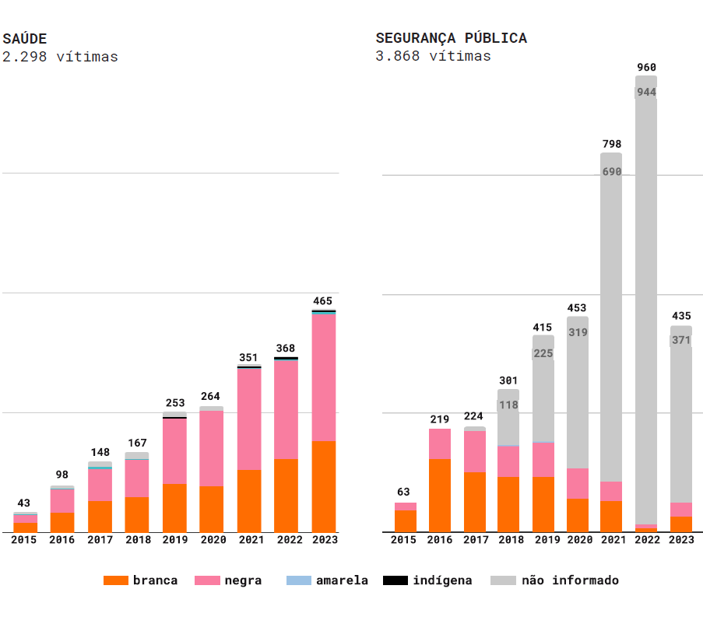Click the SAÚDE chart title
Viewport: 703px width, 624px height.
[x=25, y=38]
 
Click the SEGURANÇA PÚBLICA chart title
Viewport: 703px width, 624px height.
[x=451, y=38]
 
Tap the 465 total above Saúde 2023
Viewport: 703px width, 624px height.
[x=323, y=301]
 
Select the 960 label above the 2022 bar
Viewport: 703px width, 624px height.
[x=646, y=68]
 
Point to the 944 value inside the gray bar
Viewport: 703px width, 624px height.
[x=646, y=92]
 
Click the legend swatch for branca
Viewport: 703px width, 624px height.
[x=115, y=580]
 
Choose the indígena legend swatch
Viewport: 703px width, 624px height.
[x=395, y=580]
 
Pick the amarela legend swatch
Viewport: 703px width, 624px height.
[x=299, y=580]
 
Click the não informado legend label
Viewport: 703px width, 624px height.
[x=570, y=580]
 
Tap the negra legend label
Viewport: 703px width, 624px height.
[x=243, y=580]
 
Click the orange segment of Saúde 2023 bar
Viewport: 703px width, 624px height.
[x=323, y=486]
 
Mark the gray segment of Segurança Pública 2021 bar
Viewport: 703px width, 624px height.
[x=611, y=327]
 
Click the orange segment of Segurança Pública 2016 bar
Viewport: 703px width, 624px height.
[x=440, y=495]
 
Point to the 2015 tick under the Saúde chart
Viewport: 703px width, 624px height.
[x=25, y=540]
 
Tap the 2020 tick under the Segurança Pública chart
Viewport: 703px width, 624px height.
[x=578, y=540]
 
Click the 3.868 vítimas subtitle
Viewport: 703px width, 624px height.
[x=433, y=56]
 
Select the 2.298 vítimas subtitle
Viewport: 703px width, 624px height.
[x=60, y=57]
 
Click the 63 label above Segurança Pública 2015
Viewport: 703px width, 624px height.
[x=403, y=492]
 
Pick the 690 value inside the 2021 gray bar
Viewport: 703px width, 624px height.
[x=612, y=172]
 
